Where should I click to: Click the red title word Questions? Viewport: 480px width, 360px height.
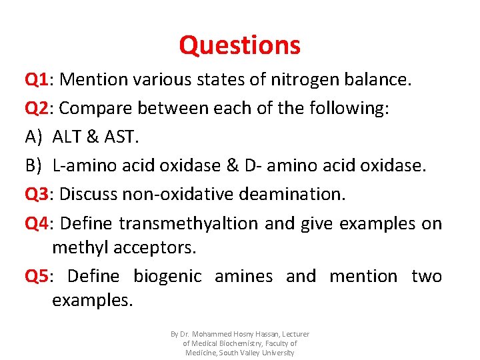coord(239,45)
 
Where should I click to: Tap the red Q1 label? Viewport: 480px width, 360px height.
coord(39,80)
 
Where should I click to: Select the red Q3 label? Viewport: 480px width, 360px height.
coord(39,194)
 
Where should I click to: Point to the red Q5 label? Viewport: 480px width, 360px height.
coord(39,276)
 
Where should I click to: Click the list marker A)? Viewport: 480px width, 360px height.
coord(33,137)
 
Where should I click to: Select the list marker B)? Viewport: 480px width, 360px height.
coord(33,165)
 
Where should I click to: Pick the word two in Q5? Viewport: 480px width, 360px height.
coord(427,276)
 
